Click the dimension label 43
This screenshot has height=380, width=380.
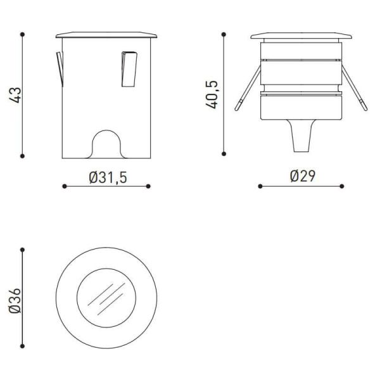pos(17,94)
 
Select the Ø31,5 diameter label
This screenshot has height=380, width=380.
pos(108,177)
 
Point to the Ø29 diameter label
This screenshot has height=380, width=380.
pos(302,176)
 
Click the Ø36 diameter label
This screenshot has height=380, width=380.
pos(17,299)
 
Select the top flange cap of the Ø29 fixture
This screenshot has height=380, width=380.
pos(301,35)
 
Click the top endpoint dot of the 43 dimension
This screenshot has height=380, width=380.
pos(23,34)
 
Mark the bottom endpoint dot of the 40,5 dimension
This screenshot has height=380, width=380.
pos(223,153)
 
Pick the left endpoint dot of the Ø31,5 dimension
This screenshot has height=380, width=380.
pos(65,186)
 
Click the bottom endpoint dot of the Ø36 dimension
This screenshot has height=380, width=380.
pos(23,346)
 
